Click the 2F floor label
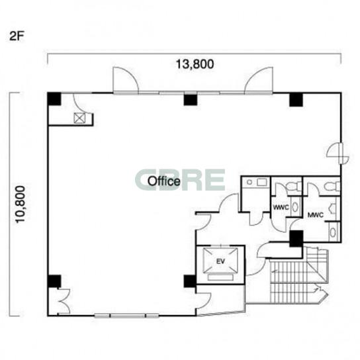pos(17,36)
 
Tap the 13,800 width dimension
pos(195,64)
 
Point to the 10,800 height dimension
pos(21,204)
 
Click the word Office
pos(164,181)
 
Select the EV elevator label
pos(220,261)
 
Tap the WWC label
pos(281,207)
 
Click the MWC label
pos(316,215)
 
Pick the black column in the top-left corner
pos(54,99)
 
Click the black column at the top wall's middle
pos(191,100)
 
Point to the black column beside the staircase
pos(296,239)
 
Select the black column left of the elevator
pos(190,281)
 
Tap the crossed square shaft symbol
pos(79,118)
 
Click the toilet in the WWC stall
pos(294,185)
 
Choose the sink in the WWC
pos(294,206)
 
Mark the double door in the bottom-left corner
pos(64,301)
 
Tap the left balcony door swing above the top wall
pos(125,80)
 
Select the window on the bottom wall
pos(127,316)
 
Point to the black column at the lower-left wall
pos(54,281)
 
